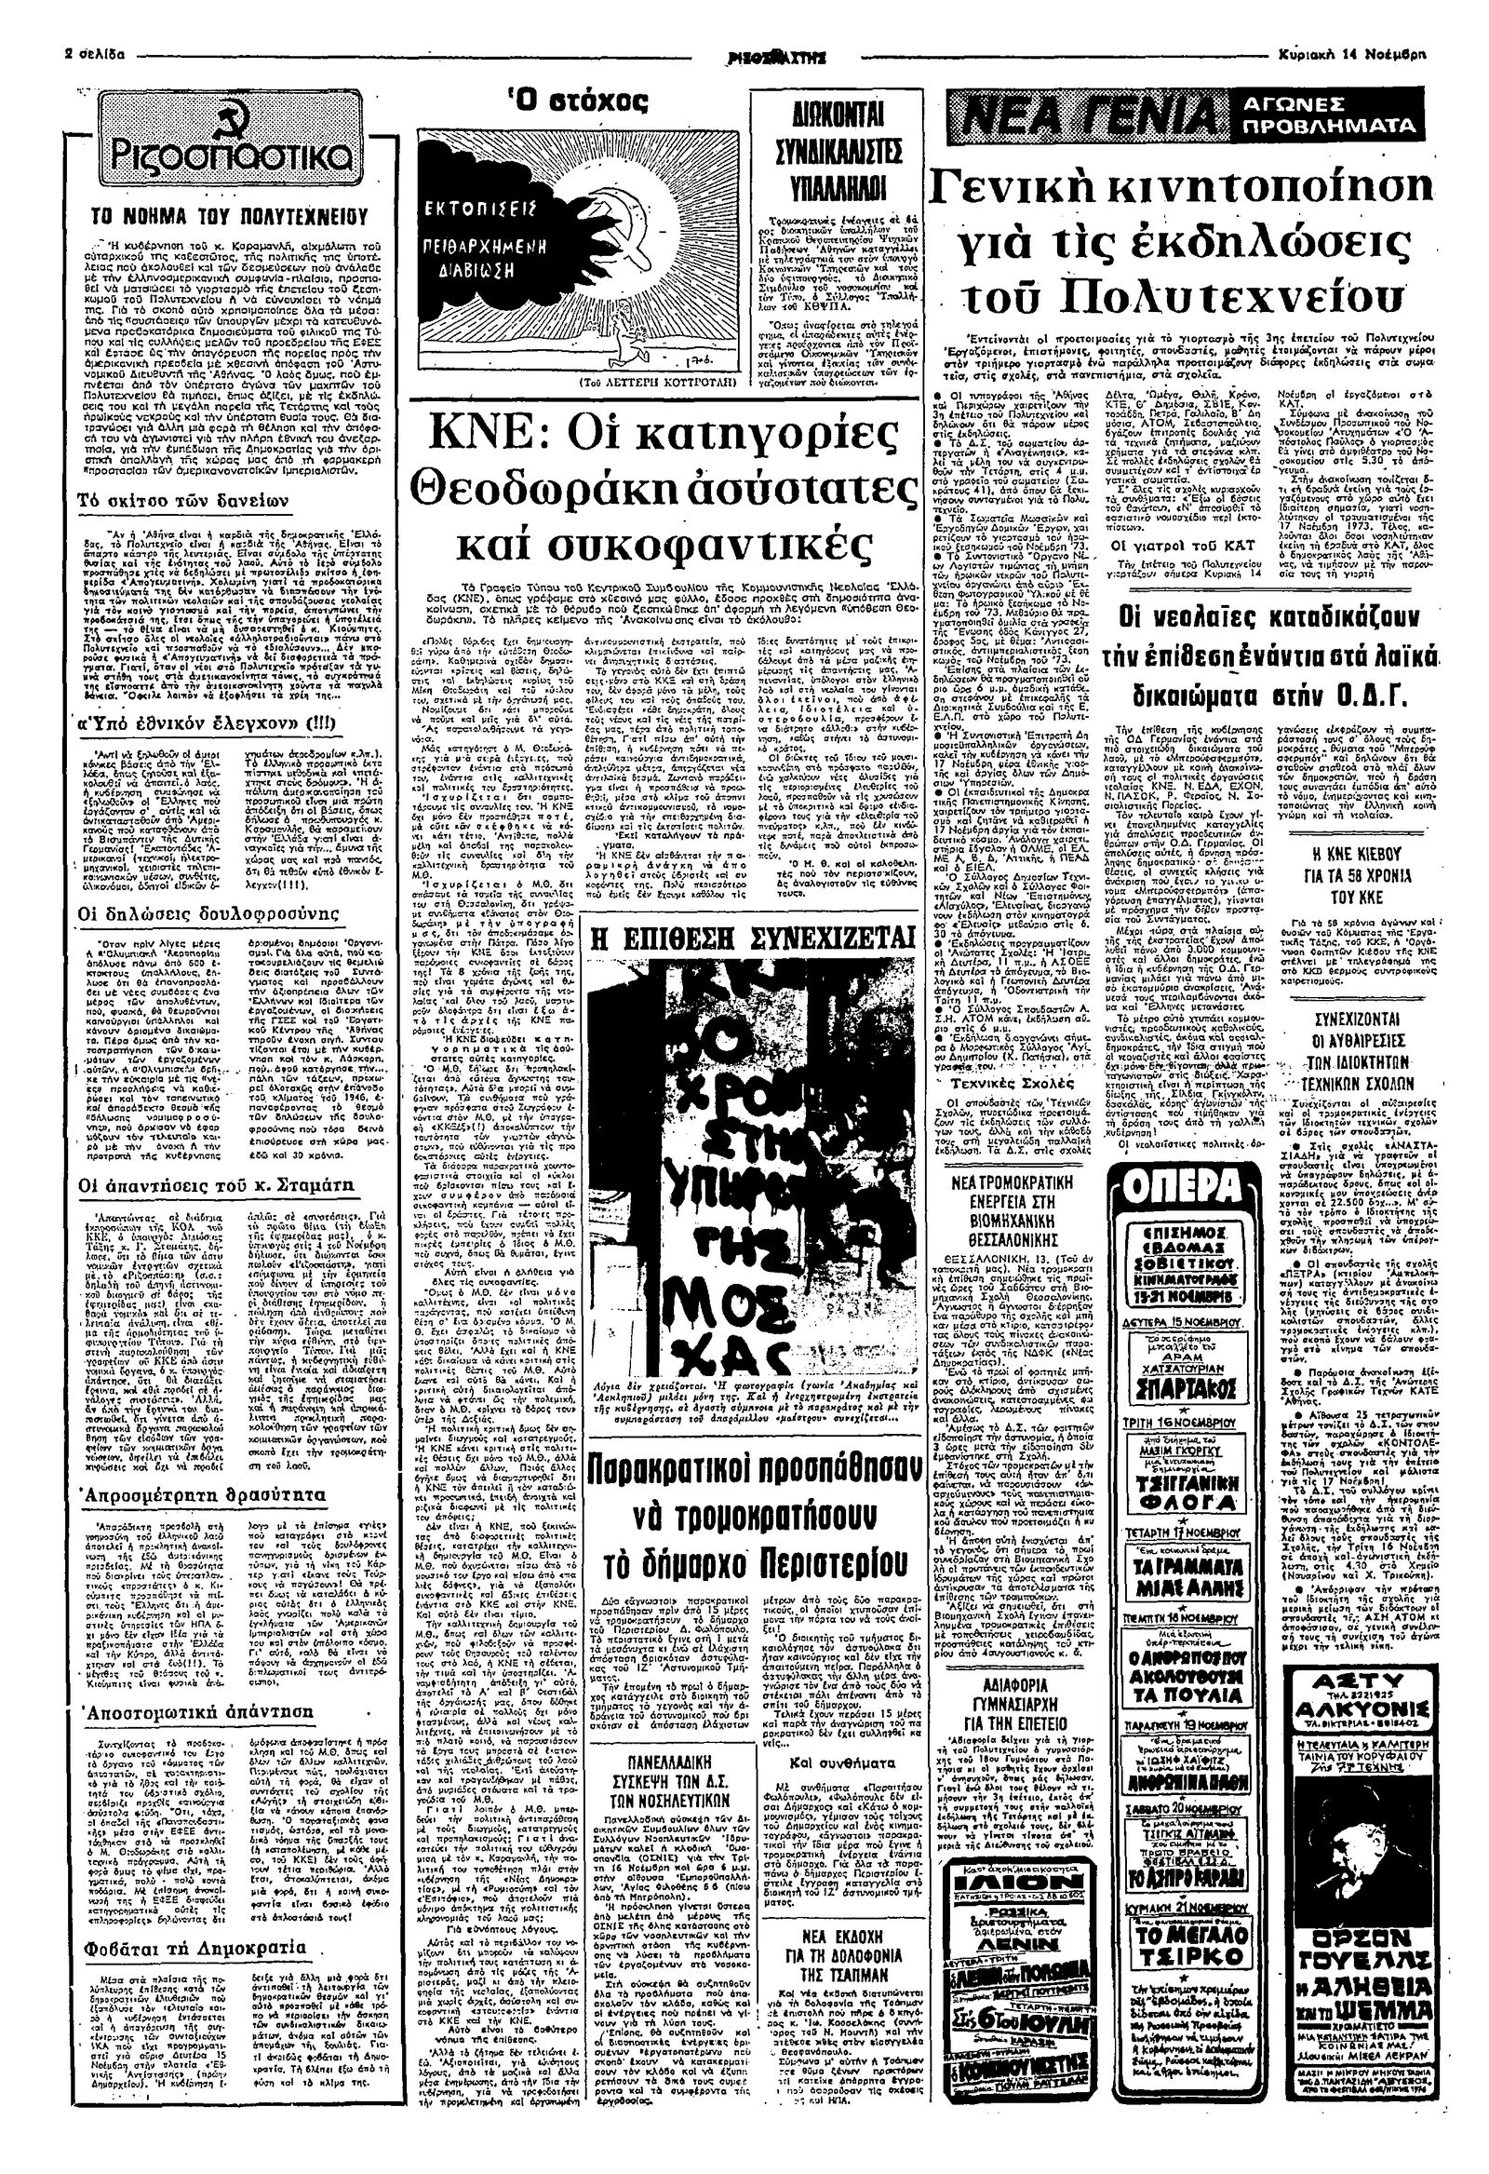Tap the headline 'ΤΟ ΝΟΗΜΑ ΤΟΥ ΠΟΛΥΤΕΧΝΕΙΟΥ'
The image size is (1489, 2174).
click(224, 213)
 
